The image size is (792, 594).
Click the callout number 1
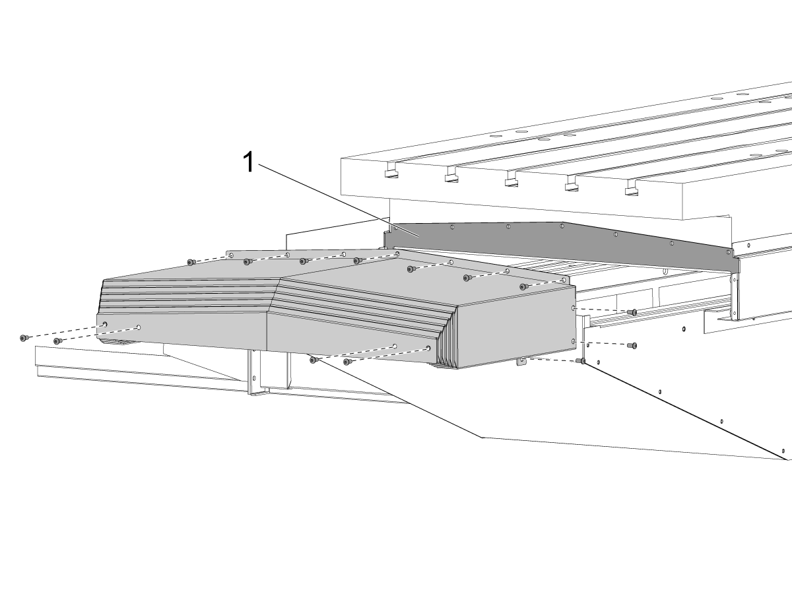pos(249,162)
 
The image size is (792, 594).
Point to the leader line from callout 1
pos(339,201)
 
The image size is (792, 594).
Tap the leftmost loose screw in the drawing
pos(24,338)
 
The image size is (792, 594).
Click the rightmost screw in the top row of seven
pos(524,286)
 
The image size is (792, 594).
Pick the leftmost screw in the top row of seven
pos(191,262)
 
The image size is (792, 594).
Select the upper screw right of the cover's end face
pos(632,312)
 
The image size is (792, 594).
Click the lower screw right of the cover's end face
pos(632,345)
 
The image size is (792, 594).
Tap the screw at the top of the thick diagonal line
pos(581,360)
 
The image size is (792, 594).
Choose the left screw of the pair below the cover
pos(314,360)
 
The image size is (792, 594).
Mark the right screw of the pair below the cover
pos(348,362)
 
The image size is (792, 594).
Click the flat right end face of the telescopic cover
pos(516,327)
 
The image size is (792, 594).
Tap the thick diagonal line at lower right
pos(686,411)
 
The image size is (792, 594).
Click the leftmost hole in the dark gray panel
pos(396,228)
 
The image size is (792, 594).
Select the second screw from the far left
pos(57,341)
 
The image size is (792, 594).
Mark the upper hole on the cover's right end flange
pos(574,308)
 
